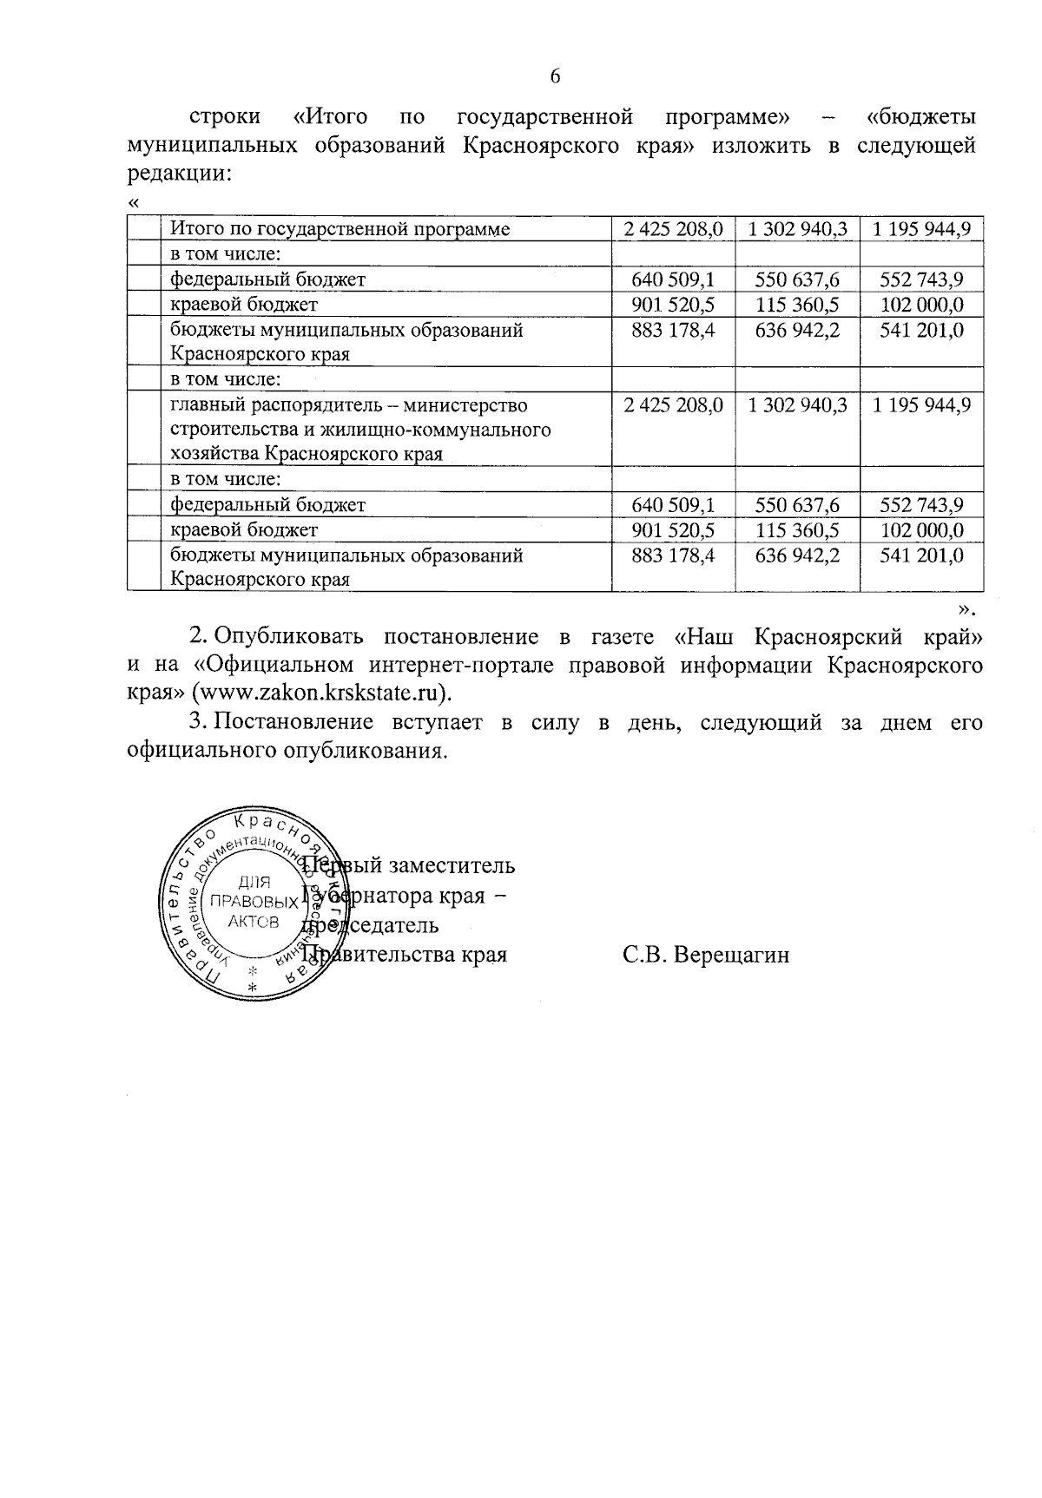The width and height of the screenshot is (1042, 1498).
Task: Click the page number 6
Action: click(555, 76)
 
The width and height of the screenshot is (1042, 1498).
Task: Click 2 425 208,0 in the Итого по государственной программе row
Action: click(673, 229)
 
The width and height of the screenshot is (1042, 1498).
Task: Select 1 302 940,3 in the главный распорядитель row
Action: click(797, 405)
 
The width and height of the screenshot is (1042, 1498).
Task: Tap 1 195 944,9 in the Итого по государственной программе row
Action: click(921, 229)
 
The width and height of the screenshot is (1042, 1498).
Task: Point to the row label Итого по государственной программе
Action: click(340, 229)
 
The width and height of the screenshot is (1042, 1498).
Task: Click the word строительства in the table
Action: click(228, 430)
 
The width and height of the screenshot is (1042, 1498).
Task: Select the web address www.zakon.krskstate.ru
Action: click(321, 693)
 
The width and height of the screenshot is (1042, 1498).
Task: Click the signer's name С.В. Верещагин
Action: click(706, 956)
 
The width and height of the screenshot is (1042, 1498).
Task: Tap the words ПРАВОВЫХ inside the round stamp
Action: click(254, 901)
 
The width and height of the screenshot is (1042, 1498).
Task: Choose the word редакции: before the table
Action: click(179, 173)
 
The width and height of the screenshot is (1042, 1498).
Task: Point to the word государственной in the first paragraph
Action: click(544, 116)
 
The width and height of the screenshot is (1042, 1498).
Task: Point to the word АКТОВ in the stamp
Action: click(254, 922)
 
